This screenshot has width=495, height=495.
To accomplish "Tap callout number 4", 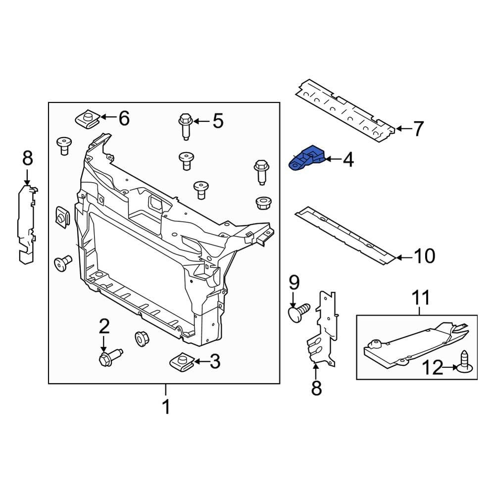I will [348, 160].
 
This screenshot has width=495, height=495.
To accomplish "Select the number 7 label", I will [418, 129].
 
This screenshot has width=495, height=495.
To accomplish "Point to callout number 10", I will [424, 256].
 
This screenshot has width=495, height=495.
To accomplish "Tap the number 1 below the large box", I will [166, 407].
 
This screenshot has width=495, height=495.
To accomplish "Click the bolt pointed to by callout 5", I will [185, 126].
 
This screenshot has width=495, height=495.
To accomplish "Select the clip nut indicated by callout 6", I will [87, 119].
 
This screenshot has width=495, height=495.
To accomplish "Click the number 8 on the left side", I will [27, 159].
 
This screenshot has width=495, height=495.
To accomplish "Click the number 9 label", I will [294, 283].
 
